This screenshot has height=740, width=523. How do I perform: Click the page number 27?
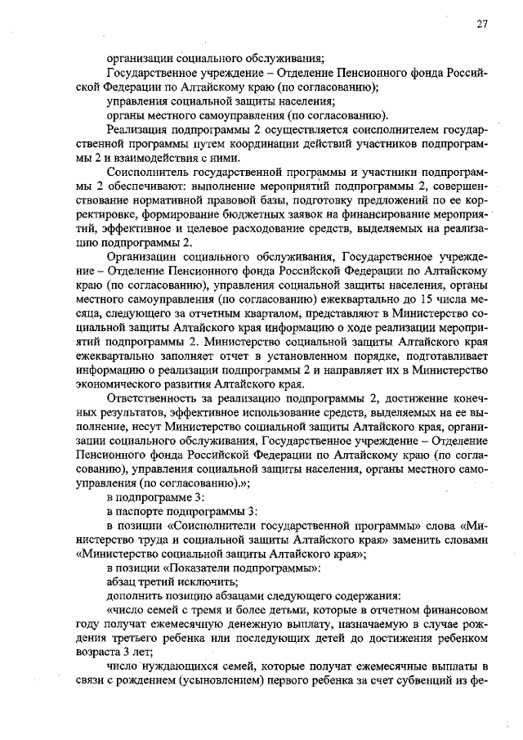click(482, 24)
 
